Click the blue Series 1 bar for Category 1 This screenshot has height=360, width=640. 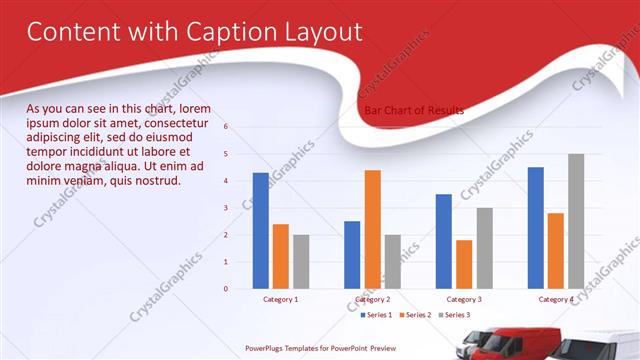click(x=260, y=230)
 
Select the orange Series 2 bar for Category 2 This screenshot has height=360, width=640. click(x=372, y=229)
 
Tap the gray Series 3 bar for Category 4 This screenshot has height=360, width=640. click(x=576, y=221)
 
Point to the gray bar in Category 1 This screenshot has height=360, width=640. click(x=301, y=261)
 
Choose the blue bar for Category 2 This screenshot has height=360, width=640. click(x=352, y=254)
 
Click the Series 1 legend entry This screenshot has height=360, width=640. click(x=376, y=315)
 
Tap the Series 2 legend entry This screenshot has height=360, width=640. click(x=415, y=315)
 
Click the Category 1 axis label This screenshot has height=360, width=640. click(x=280, y=299)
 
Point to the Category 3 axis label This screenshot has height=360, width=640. click(x=464, y=299)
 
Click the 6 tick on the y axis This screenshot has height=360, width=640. click(x=226, y=127)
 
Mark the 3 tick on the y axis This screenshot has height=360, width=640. click(x=226, y=208)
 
